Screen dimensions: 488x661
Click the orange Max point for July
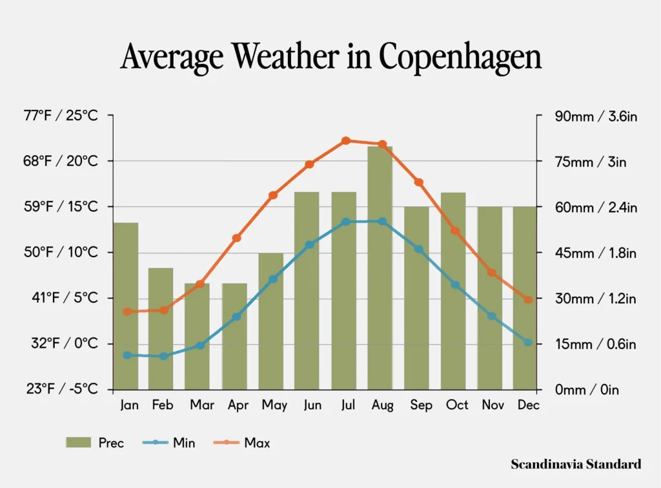click(346, 140)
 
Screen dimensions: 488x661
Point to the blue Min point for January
click(127, 355)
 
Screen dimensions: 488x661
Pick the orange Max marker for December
click(528, 300)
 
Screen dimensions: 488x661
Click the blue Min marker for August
click(382, 221)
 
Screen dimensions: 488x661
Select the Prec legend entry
click(95, 443)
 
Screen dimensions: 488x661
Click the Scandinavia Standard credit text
click(576, 464)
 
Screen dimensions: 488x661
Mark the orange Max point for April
click(236, 238)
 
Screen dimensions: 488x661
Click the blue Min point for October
click(455, 285)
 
